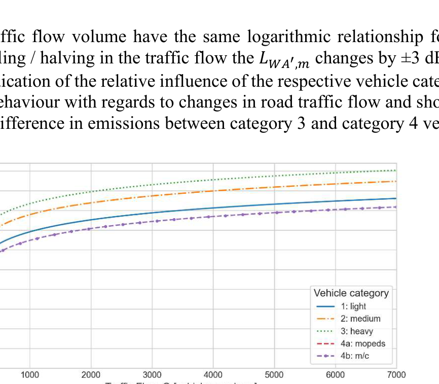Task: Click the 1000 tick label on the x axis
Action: (30, 375)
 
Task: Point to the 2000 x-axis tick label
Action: (91, 375)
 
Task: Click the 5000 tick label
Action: (274, 375)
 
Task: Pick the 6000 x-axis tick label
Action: (336, 375)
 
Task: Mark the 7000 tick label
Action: (396, 375)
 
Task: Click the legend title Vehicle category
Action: (351, 293)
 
